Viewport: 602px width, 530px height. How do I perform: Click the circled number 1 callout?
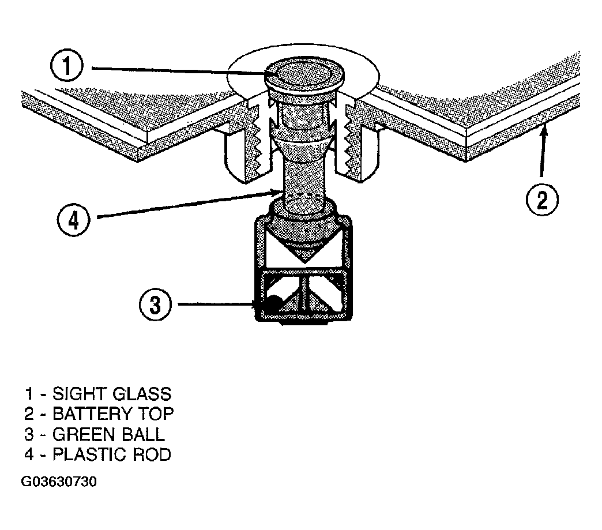[x=67, y=66]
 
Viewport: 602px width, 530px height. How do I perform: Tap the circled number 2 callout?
[x=541, y=200]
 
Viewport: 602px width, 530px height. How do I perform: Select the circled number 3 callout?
[x=155, y=305]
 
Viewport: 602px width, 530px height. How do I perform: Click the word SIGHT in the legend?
[x=79, y=394]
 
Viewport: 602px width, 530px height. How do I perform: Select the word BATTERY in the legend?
[x=92, y=414]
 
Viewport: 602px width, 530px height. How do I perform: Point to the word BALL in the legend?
[x=143, y=434]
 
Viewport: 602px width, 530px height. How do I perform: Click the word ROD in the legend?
[x=152, y=454]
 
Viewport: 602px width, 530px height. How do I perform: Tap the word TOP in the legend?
[x=156, y=414]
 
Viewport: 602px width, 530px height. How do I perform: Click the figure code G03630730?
[x=59, y=482]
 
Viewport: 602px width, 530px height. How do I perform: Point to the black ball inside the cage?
[x=273, y=303]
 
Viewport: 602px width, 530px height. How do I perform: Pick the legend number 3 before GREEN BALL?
[x=29, y=434]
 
